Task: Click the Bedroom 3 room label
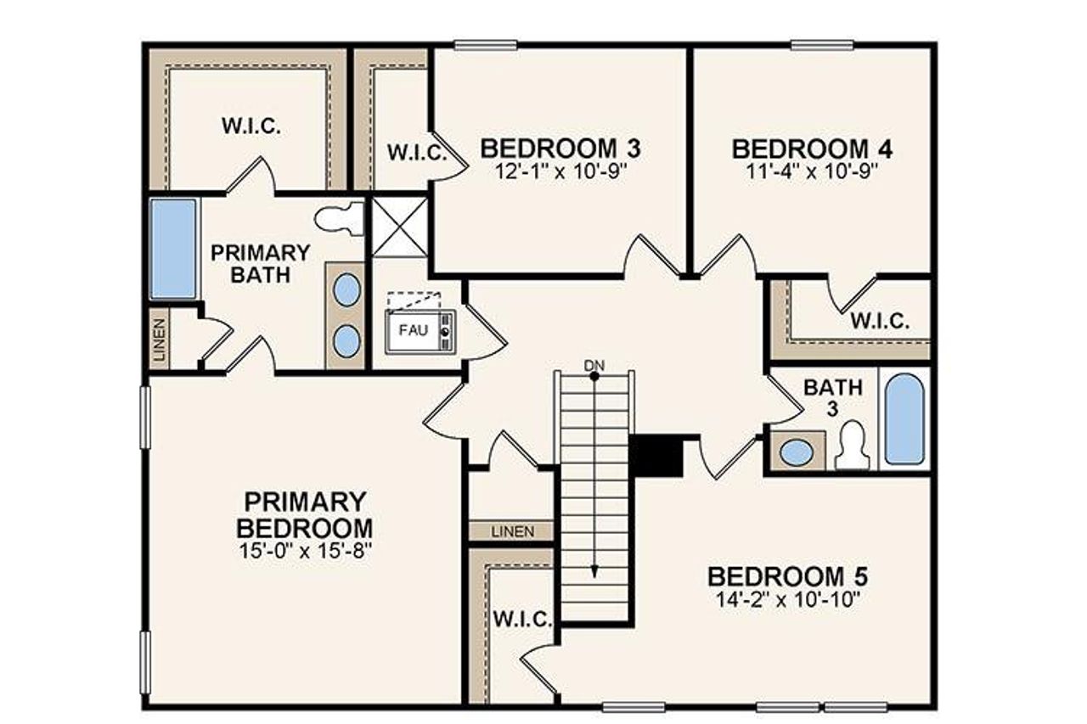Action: tap(560, 148)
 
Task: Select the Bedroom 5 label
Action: tap(787, 576)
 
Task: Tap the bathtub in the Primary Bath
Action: tap(174, 248)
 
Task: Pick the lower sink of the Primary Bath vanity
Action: tap(346, 341)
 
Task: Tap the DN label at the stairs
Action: tap(594, 365)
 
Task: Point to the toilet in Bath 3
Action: tap(853, 447)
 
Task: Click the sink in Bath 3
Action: tap(797, 452)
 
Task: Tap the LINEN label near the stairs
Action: tap(513, 532)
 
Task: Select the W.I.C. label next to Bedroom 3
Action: tap(417, 153)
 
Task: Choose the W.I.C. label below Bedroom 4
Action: tap(881, 322)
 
